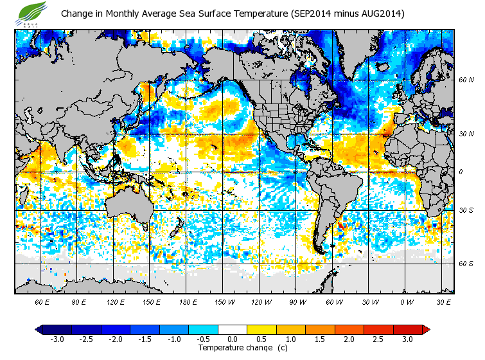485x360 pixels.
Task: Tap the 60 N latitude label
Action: pyautogui.click(x=465, y=80)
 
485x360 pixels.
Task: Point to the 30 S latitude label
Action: pyautogui.click(x=465, y=211)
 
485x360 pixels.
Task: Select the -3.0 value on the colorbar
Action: pyautogui.click(x=57, y=339)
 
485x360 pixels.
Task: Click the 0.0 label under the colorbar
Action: pyautogui.click(x=233, y=339)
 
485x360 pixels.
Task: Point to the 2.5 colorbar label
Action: pyautogui.click(x=378, y=339)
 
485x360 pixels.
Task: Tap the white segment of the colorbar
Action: pyautogui.click(x=233, y=330)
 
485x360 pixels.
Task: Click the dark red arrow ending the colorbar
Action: pyautogui.click(x=426, y=330)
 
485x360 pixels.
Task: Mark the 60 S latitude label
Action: pyautogui.click(x=465, y=263)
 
